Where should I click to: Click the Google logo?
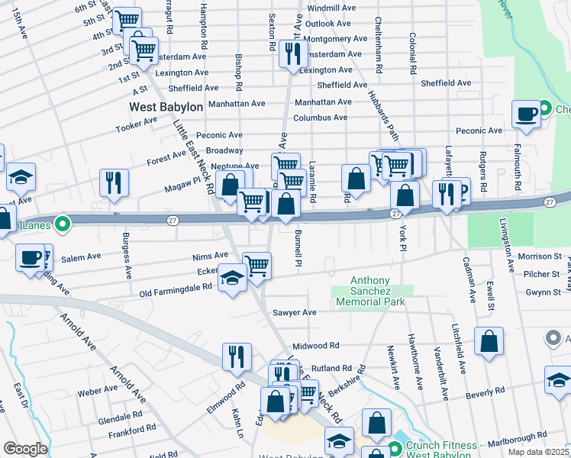25,449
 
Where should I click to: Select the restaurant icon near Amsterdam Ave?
293,53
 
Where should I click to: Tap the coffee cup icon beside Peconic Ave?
526,114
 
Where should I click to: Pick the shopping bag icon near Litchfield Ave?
489,341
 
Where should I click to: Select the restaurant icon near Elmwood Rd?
237,356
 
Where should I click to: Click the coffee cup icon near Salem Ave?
30,257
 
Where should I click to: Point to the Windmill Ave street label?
331,8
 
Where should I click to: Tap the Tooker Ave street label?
136,127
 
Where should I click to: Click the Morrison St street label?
540,256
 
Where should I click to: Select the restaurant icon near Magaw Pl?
114,183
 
